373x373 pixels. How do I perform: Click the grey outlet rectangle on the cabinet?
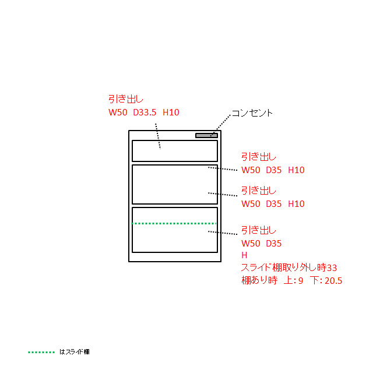[206, 135]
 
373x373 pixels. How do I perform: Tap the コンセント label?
[252, 113]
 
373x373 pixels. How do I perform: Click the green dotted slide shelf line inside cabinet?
[174, 223]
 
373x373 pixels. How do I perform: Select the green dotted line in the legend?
[41, 352]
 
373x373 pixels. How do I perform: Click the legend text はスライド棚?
[74, 352]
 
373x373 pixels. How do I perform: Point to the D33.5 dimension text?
[145, 112]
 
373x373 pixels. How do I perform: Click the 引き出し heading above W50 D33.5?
[126, 99]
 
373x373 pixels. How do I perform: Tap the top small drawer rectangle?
[175, 151]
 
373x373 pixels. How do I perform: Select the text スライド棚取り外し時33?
[289, 268]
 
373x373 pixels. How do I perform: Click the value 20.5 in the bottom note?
[333, 281]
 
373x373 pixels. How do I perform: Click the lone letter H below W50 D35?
[244, 255]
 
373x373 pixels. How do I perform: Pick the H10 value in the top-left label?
[171, 112]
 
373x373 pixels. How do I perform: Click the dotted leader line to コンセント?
[220, 125]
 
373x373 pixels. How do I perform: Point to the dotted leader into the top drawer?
[158, 136]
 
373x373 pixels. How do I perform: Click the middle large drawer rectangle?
[175, 184]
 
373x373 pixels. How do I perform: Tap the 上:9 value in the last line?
[294, 281]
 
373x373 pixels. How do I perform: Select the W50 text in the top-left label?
[118, 112]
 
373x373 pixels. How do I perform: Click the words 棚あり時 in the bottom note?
[259, 280]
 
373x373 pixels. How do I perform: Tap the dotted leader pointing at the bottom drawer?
[223, 233]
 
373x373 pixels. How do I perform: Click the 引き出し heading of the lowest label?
[259, 230]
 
